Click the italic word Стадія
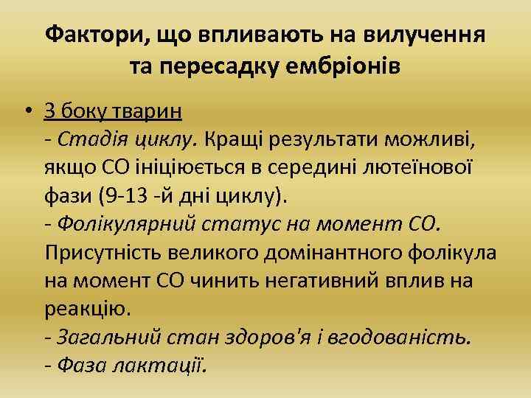click(x=84, y=138)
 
